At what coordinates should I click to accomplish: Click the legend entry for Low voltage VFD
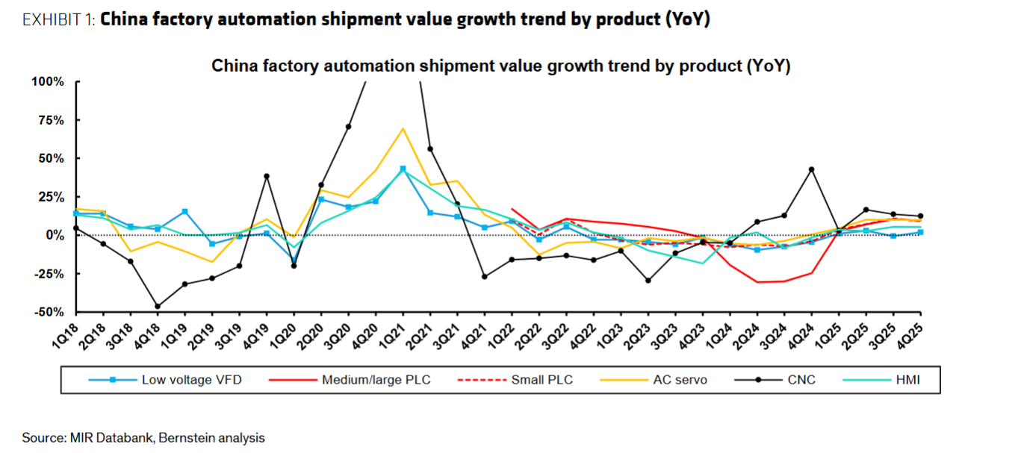(191, 380)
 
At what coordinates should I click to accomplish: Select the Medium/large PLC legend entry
(375, 380)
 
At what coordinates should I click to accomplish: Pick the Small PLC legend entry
(541, 380)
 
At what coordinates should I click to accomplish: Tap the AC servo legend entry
(680, 380)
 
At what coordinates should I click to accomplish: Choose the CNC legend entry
(801, 380)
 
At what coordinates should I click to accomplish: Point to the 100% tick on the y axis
(49, 81)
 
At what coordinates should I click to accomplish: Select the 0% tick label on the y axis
(55, 235)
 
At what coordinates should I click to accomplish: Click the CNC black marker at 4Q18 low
(157, 306)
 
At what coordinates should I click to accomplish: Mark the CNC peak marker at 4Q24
(811, 169)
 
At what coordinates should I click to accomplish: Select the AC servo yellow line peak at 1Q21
(403, 128)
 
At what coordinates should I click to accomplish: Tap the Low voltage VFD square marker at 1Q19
(184, 212)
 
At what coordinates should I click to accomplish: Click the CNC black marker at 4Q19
(267, 176)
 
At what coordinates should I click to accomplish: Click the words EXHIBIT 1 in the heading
(58, 20)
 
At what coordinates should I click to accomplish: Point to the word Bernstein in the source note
(184, 438)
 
